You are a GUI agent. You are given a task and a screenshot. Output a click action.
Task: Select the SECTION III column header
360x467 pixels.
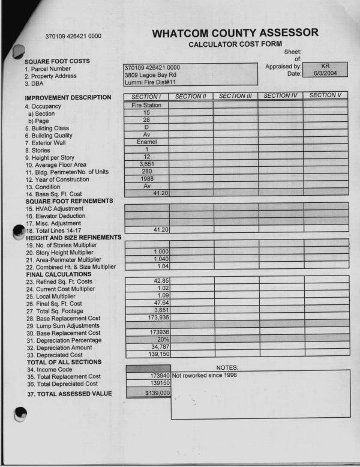[235, 95]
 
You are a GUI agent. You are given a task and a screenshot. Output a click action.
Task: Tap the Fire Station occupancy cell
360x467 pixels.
[146, 105]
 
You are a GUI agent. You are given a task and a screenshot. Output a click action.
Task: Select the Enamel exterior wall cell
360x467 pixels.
[146, 142]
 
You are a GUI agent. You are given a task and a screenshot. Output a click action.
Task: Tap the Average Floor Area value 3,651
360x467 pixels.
[147, 163]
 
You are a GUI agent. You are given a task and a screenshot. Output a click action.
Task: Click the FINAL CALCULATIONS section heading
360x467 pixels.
[59, 274]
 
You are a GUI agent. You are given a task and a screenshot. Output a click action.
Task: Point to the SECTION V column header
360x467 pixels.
[325, 95]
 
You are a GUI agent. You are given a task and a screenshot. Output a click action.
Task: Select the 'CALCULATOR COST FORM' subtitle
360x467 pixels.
[235, 45]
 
